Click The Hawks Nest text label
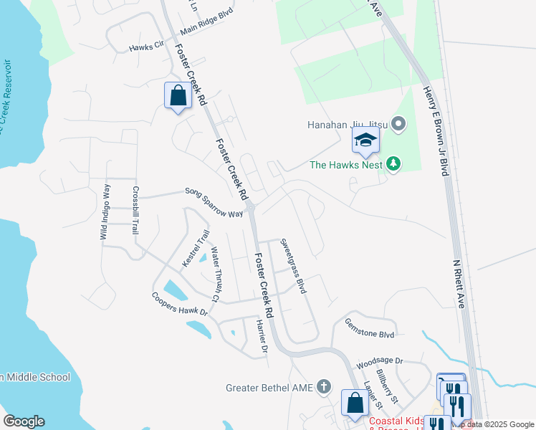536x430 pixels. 346,165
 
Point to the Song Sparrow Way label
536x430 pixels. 214,203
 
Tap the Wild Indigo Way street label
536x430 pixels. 105,212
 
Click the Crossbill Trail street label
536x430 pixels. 134,211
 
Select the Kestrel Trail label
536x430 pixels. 196,248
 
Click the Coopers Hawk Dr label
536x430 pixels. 179,304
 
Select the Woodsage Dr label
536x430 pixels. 380,362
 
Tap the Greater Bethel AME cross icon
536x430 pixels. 323,388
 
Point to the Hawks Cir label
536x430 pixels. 146,47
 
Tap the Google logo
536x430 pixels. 24,421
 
